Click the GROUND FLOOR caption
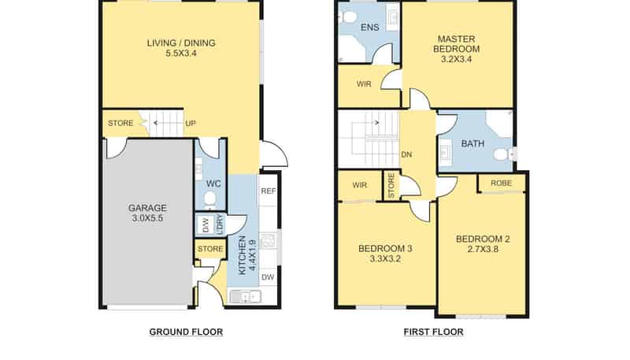point(186,332)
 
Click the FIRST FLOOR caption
point(434,332)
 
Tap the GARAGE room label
point(147,208)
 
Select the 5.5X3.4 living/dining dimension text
point(181,53)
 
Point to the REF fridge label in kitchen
point(269,191)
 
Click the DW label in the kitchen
point(268,276)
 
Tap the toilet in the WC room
point(209,199)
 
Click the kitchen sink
point(245,297)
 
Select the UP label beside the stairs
point(191,124)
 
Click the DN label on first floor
point(406,154)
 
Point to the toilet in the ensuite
point(349,17)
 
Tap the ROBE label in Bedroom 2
point(502,184)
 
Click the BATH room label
point(472,143)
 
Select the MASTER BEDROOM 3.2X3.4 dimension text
point(457,59)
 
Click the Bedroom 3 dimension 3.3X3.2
point(385,258)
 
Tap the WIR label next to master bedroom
point(364,84)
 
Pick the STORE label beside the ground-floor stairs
point(120,123)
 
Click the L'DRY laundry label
point(220,225)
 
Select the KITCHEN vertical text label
point(243,255)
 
